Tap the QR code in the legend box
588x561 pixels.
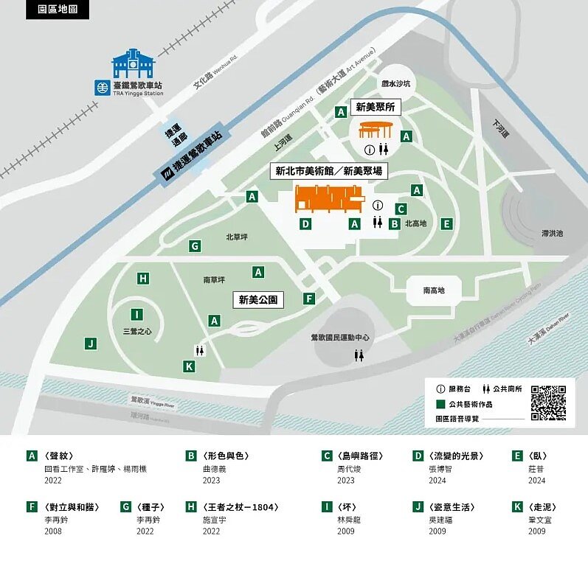coord(548,403)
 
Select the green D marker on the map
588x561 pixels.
coord(305,223)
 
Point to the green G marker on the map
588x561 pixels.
coord(195,246)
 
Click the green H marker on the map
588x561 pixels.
coord(143,278)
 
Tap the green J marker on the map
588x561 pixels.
coord(90,343)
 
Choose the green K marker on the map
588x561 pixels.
coord(189,366)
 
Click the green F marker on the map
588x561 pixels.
coord(309,299)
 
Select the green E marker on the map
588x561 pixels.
coord(446,223)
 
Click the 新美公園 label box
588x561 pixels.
coord(257,300)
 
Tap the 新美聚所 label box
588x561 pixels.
coord(375,107)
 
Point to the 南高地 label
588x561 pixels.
coord(434,290)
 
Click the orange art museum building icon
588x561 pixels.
coord(329,199)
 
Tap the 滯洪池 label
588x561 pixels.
coord(551,233)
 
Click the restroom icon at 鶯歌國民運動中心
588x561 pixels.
coord(359,355)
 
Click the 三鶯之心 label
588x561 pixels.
coord(137,332)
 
